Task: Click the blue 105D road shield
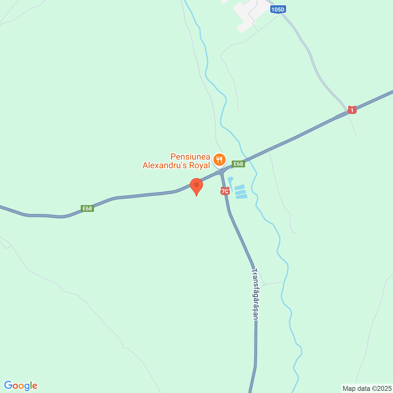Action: click(278, 10)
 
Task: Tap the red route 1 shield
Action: click(352, 110)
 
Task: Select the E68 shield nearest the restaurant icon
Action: click(238, 164)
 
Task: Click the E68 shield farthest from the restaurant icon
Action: click(87, 208)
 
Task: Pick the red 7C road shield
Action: click(225, 191)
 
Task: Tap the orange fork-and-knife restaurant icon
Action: click(219, 160)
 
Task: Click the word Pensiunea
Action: click(190, 157)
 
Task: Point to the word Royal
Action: click(200, 165)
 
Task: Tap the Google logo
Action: click(21, 386)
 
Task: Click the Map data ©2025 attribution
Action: click(367, 389)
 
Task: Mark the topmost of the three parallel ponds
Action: click(239, 187)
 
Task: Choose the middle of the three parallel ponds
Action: click(240, 192)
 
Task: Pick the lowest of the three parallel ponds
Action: click(242, 196)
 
